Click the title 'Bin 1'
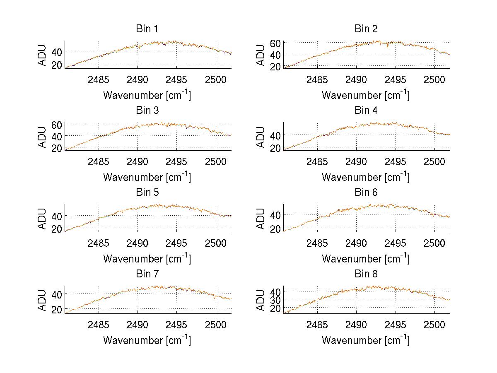pyautogui.click(x=147, y=29)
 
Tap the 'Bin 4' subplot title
pyautogui.click(x=366, y=111)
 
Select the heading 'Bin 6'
pyautogui.click(x=366, y=193)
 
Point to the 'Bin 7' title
pyautogui.click(x=147, y=274)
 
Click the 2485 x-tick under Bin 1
pyautogui.click(x=99, y=79)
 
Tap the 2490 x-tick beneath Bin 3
pyautogui.click(x=138, y=161)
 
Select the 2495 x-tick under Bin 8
pyautogui.click(x=395, y=325)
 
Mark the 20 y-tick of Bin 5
pyautogui.click(x=57, y=229)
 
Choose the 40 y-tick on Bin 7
pyautogui.click(x=57, y=294)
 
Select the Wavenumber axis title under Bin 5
pyautogui.click(x=147, y=258)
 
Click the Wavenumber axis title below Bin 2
pyautogui.click(x=366, y=95)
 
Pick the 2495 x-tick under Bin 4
pyautogui.click(x=395, y=161)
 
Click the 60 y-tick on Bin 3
pyautogui.click(x=57, y=124)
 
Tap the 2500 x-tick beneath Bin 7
pyautogui.click(x=215, y=325)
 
